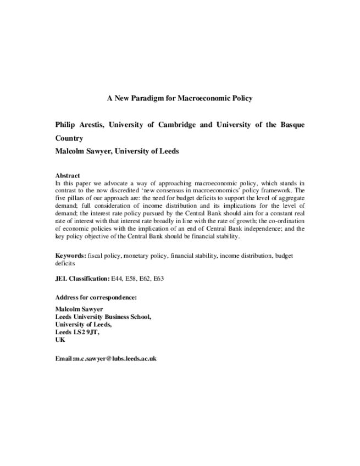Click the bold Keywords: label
pyautogui.click(x=70, y=256)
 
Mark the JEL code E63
pyautogui.click(x=158, y=279)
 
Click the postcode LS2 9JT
pyautogui.click(x=87, y=332)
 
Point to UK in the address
pyautogui.click(x=60, y=340)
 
